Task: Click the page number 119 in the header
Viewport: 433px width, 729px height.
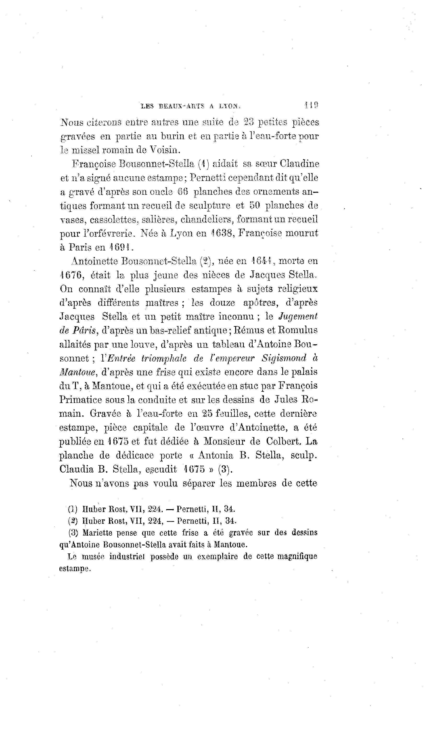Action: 311,105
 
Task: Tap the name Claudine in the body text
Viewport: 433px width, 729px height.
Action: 299,164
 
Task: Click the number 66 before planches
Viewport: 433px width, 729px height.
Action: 183,192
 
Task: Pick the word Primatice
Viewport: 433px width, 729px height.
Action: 80,400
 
